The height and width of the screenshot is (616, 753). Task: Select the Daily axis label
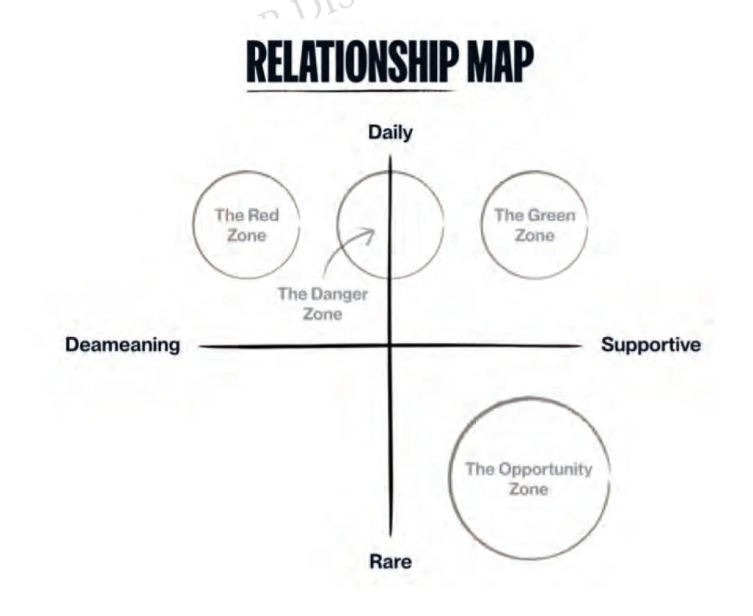click(390, 133)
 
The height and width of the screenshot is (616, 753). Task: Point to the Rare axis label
click(390, 561)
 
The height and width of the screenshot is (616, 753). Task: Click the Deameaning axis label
click(122, 345)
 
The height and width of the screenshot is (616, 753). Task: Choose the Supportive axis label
click(651, 345)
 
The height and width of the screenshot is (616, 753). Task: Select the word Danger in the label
click(339, 294)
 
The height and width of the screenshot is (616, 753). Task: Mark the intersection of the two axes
click(390, 345)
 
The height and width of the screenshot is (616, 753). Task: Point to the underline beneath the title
click(351, 90)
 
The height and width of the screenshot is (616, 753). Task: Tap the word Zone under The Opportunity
click(529, 489)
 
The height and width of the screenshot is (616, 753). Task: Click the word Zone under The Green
click(535, 236)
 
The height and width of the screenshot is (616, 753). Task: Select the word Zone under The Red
click(247, 236)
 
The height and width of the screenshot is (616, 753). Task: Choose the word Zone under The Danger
click(322, 314)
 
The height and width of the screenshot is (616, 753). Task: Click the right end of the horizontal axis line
click(579, 345)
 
